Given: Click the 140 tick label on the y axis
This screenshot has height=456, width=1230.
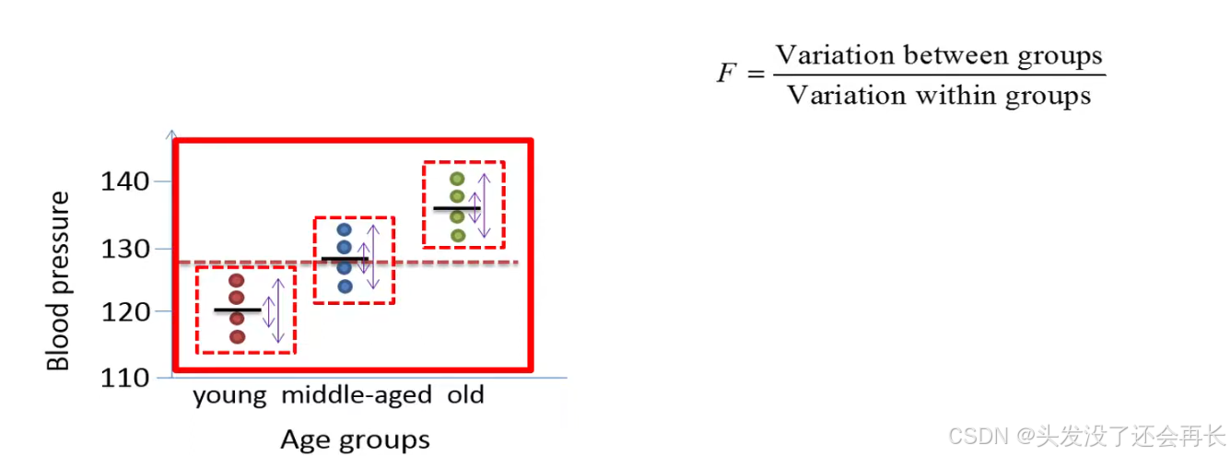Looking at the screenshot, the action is [126, 181].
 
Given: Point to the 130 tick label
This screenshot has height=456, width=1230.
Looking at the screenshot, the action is [126, 249].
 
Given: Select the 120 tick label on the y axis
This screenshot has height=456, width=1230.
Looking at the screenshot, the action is [126, 311].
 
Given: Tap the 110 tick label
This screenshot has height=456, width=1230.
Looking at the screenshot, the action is [126, 377].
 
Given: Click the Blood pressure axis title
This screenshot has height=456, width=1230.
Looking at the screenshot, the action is [59, 281].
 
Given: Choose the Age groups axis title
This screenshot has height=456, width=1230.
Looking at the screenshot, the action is [355, 438].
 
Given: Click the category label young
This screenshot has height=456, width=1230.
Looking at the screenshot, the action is [229, 396].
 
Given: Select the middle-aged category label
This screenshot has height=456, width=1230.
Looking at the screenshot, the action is [357, 396].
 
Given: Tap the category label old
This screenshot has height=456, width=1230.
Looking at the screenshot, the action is [465, 396].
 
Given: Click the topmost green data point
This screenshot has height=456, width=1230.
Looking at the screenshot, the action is [457, 179].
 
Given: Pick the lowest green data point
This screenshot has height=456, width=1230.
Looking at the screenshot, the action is [457, 235].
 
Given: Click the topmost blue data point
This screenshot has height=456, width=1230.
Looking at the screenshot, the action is [345, 229].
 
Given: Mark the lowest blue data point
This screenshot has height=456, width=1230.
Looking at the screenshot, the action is [345, 286].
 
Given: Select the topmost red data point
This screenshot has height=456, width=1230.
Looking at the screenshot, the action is [237, 280].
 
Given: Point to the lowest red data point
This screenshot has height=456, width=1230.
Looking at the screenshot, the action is [237, 336].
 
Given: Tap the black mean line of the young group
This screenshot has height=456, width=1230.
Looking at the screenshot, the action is [237, 310].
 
